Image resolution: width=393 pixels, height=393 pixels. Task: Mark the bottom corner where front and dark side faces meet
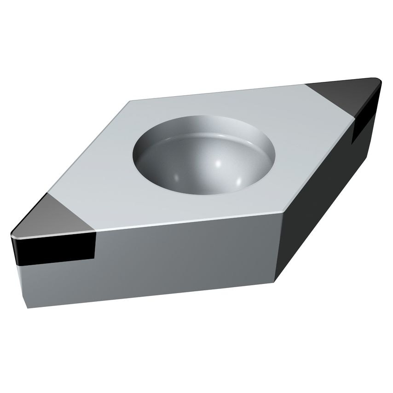(x=275, y=281)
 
